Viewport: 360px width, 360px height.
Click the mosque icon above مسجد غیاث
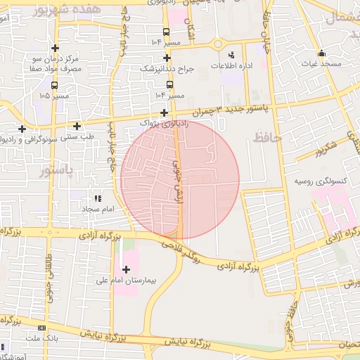(322, 53)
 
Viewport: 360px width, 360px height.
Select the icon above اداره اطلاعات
(232, 54)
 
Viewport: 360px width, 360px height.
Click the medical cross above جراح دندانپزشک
(167, 58)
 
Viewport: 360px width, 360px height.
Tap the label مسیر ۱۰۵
(54, 94)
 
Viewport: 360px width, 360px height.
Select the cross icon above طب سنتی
(77, 127)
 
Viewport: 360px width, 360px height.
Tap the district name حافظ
(266, 138)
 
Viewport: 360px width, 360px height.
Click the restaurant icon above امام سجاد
(97, 199)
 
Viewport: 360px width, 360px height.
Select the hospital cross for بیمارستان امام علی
(126, 269)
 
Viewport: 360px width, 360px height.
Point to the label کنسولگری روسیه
(322, 181)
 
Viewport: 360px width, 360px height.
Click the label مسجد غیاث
(322, 64)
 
